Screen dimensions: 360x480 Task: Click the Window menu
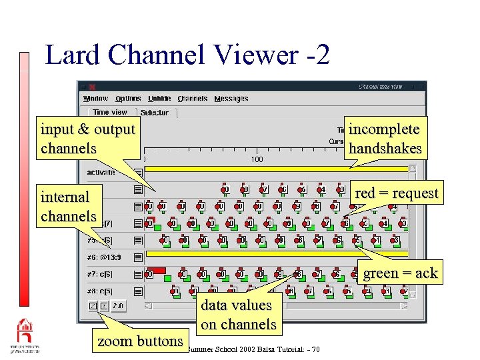click(x=95, y=99)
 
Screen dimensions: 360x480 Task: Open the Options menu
click(x=128, y=99)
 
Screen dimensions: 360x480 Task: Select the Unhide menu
click(x=159, y=99)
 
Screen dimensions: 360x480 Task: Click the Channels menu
click(x=193, y=99)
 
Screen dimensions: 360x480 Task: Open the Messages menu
click(x=231, y=99)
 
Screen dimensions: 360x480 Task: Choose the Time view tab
click(x=110, y=113)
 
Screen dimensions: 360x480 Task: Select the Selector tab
click(x=155, y=113)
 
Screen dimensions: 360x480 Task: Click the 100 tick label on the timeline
click(x=257, y=160)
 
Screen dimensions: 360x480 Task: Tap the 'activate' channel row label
click(x=101, y=172)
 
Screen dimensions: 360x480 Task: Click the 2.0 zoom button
click(x=117, y=306)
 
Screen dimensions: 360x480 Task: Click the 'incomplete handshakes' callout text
click(x=385, y=139)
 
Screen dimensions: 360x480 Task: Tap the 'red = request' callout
click(x=397, y=193)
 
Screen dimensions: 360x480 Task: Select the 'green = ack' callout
click(x=400, y=273)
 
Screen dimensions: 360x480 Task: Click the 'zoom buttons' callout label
click(x=140, y=341)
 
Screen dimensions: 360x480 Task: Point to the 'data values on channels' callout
click(x=238, y=315)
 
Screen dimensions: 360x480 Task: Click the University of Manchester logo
click(x=24, y=336)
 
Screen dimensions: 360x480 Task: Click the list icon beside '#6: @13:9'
click(x=138, y=257)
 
